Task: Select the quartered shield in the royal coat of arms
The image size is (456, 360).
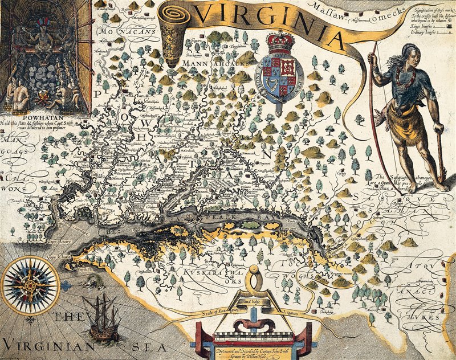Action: [x=279, y=71]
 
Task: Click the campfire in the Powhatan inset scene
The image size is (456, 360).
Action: [x=40, y=102]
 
